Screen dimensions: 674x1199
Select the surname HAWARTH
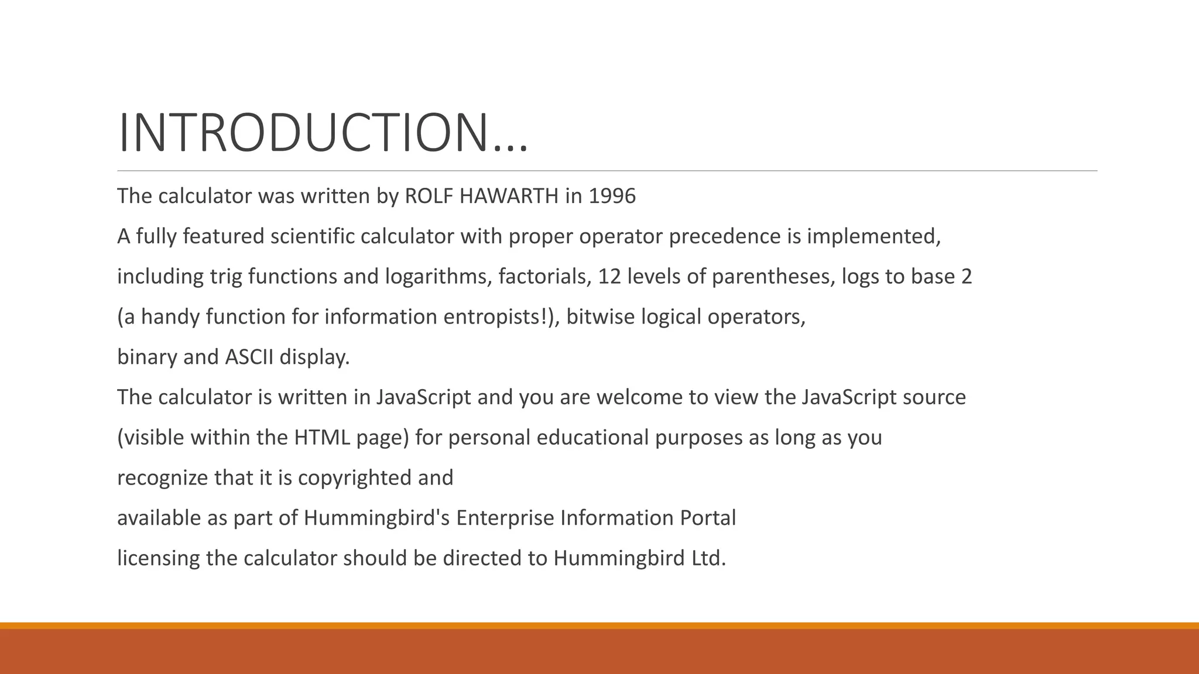509,196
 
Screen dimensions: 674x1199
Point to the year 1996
612,196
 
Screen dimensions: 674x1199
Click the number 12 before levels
609,277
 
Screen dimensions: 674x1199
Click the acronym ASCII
249,357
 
